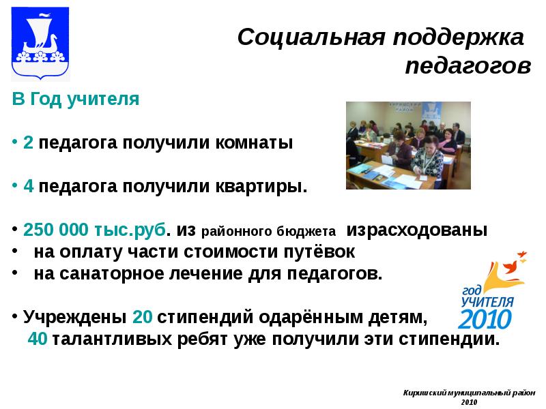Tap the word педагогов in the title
467,66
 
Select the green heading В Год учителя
76,99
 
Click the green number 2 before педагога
28,143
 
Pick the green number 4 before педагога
28,186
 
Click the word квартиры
262,186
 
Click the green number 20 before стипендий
142,317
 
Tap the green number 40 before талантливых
38,339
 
